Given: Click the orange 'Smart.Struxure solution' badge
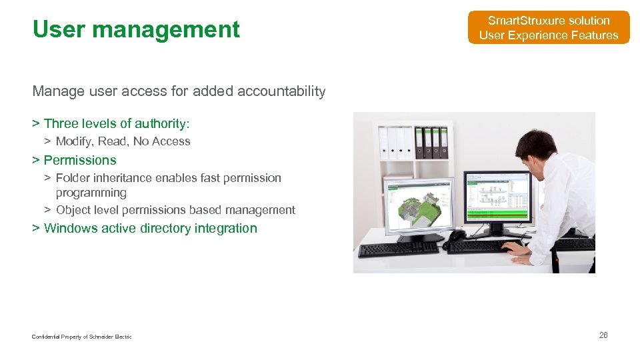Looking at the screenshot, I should coord(548,28).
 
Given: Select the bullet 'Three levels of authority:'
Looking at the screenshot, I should coord(117,123).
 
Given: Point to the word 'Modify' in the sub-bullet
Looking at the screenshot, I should coord(73,141).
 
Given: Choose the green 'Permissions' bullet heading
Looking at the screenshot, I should coord(79,160).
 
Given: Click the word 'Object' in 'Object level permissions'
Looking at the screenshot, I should coord(73,210).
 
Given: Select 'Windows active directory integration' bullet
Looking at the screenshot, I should coord(150,228).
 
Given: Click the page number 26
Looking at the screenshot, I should coord(603,335).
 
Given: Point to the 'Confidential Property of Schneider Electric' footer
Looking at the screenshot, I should coord(81,337).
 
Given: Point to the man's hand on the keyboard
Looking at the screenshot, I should coord(514,247).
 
